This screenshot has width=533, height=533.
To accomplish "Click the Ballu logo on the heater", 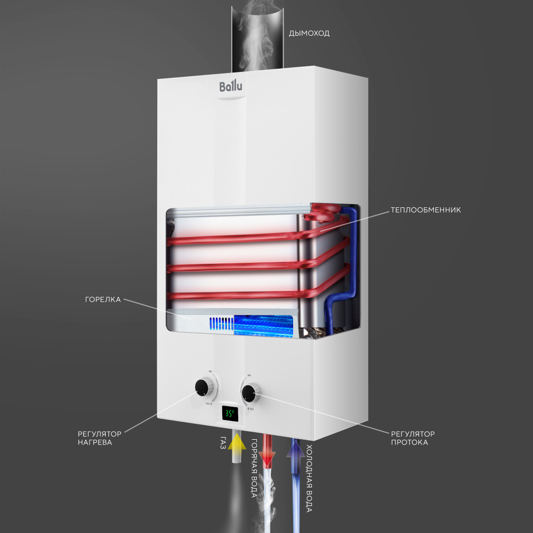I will (231, 86).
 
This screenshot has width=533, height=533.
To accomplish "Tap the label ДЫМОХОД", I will (309, 33).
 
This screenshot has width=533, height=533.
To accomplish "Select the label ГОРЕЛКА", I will (103, 300).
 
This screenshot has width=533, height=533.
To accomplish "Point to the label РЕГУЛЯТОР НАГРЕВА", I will (100, 438).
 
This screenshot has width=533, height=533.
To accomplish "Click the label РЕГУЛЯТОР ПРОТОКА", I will (413, 438).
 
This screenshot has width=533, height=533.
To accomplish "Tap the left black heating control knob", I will (203, 386).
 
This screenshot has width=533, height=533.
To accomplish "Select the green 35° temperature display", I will (229, 413).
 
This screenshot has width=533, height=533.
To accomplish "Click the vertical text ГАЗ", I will (223, 443).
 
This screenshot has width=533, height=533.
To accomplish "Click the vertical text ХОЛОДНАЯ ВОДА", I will (309, 478).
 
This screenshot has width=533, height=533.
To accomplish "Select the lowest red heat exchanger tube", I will (235, 294).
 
